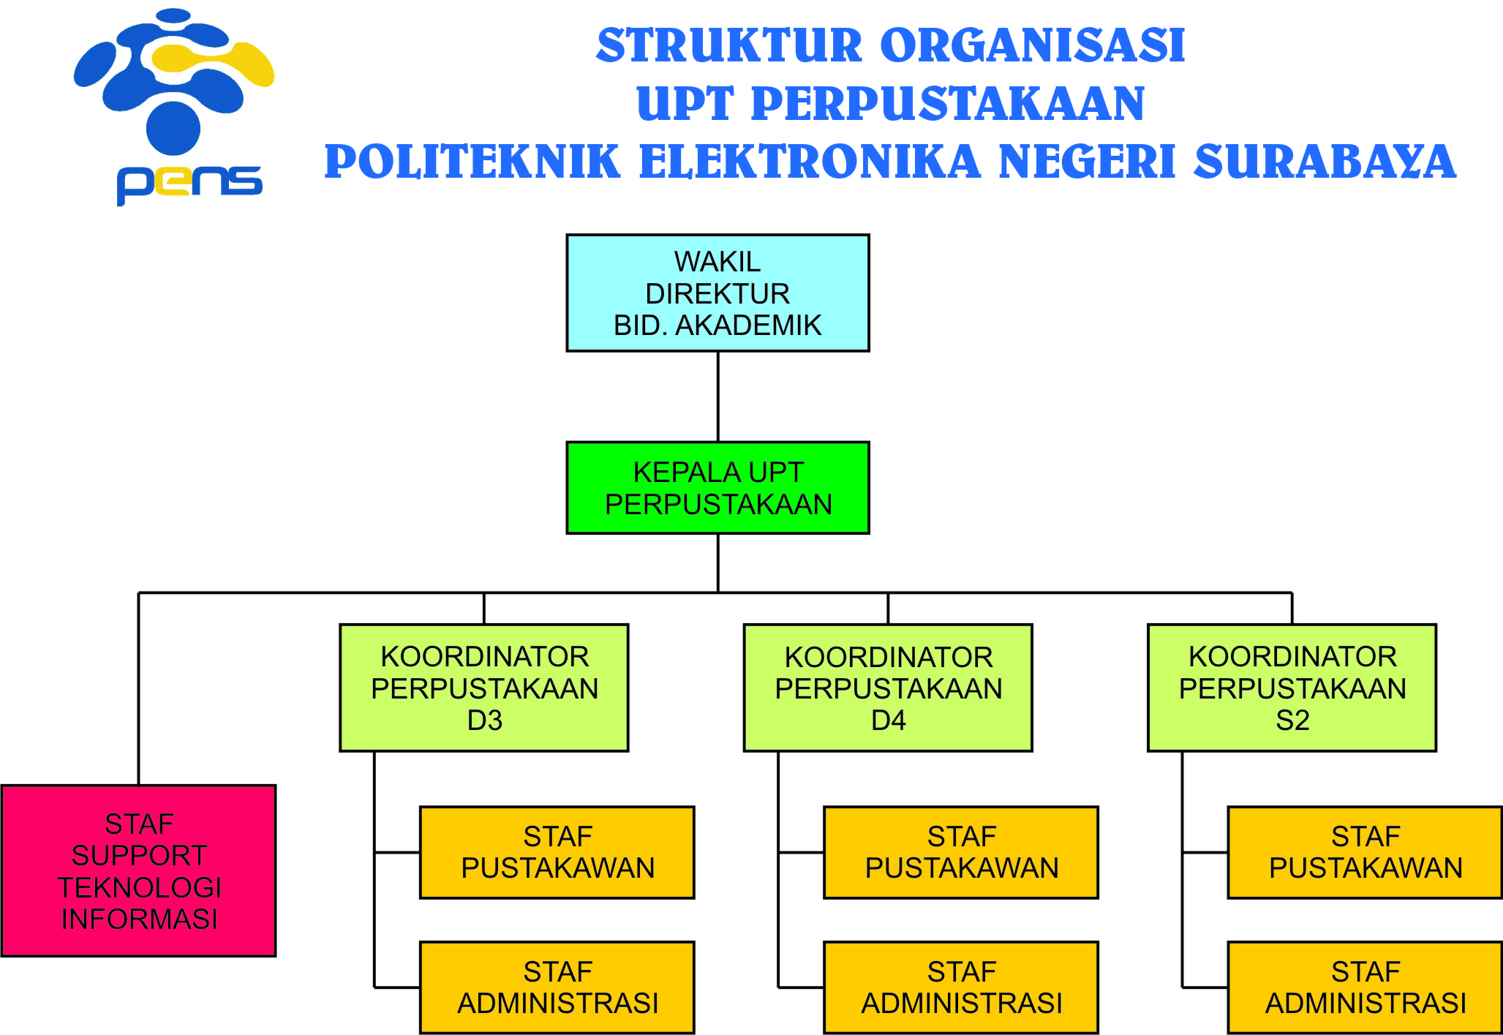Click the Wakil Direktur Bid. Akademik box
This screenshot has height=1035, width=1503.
(x=717, y=293)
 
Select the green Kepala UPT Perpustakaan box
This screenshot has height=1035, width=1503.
(x=717, y=488)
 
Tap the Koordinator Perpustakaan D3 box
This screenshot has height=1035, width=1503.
(x=484, y=688)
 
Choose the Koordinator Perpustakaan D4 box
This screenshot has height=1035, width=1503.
(x=888, y=688)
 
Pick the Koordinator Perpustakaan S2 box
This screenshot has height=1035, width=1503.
(x=1292, y=688)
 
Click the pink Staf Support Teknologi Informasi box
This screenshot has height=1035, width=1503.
(x=139, y=870)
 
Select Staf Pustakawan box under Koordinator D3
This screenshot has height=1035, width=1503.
(x=557, y=852)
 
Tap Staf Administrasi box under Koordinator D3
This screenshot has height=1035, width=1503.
(x=557, y=987)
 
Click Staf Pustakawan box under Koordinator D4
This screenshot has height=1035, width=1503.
(x=961, y=852)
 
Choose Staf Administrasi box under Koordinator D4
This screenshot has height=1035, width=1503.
(x=961, y=987)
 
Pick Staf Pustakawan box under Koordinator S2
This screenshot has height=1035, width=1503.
(x=1365, y=852)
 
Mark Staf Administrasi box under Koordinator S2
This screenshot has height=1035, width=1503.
(x=1365, y=987)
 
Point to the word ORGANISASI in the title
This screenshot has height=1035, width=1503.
(x=1033, y=45)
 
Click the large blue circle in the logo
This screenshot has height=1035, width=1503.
(x=173, y=128)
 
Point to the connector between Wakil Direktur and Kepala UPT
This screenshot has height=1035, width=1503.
(x=718, y=396)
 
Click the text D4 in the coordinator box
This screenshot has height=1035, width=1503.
(x=889, y=720)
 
